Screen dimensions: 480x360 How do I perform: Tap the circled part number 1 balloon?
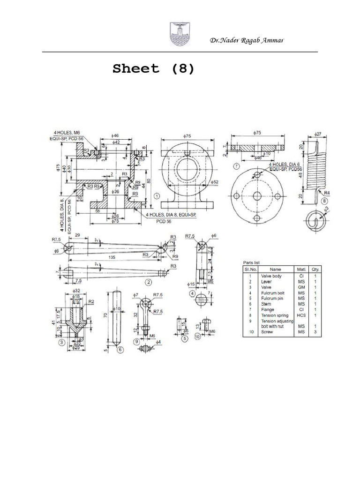pos(157,195)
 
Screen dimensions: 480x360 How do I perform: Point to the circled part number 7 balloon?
pos(236,166)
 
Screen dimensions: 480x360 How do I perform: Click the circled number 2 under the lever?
pos(149,282)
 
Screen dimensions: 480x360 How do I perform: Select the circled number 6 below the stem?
pos(120,349)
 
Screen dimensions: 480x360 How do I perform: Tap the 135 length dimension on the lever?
pos(112,257)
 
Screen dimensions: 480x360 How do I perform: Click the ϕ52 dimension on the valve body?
pos(216,181)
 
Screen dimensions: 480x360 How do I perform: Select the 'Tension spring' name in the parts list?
pos(275,315)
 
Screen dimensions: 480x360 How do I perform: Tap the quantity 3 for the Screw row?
pos(315,332)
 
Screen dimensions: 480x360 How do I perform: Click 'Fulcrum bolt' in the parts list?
pos(273,293)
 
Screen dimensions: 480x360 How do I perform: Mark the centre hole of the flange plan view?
pos(257,195)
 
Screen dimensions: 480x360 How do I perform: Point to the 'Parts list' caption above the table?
pos(252,262)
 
